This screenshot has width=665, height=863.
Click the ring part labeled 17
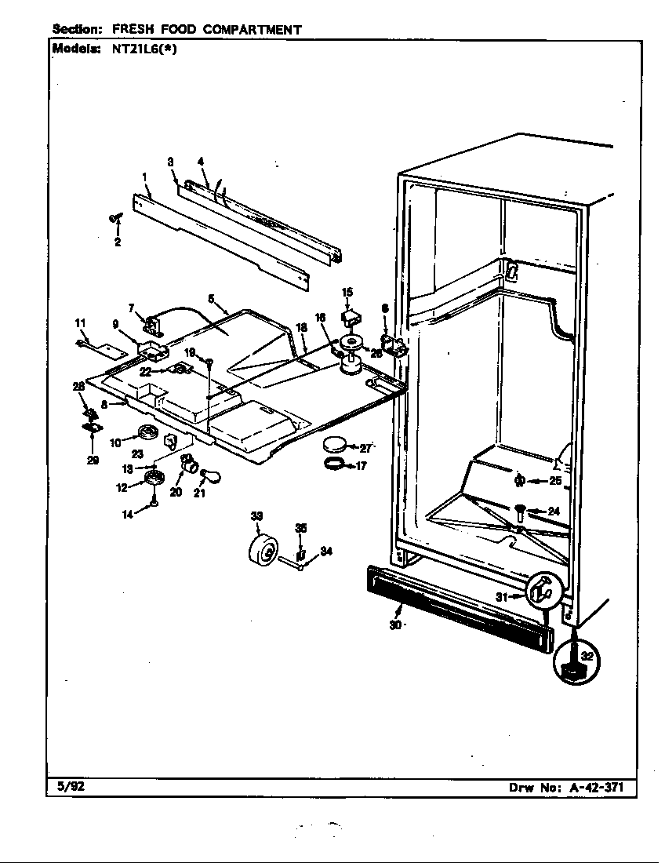pyautogui.click(x=335, y=463)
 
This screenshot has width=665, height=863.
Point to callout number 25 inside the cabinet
pyautogui.click(x=555, y=480)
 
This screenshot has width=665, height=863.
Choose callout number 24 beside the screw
pyautogui.click(x=554, y=512)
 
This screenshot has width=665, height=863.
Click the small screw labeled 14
pyautogui.click(x=154, y=502)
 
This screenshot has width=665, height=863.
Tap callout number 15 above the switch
pyautogui.click(x=347, y=292)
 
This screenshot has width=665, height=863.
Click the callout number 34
pyautogui.click(x=325, y=552)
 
